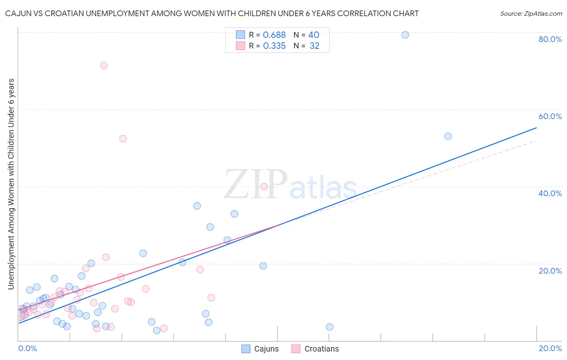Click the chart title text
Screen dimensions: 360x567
tap(212, 13)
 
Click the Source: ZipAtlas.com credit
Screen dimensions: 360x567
tap(531, 13)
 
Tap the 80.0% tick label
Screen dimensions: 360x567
tap(550, 39)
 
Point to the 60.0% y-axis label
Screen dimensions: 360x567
tap(550, 116)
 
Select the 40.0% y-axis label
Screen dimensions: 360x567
tap(550, 193)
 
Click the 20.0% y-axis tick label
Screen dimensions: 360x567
tap(550, 271)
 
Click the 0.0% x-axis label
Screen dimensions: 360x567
tap(27, 348)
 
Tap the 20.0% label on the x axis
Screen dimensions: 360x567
tap(550, 348)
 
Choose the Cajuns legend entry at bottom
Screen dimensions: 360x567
tap(260, 349)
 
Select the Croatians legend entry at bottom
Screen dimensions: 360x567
tap(315, 349)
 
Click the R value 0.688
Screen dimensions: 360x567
tap(274, 35)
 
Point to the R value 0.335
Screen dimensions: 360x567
tap(274, 46)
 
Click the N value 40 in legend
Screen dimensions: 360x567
tap(314, 35)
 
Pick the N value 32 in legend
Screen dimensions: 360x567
tap(315, 46)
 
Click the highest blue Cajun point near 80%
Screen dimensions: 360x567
tap(405, 35)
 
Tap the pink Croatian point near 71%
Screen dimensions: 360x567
tap(104, 65)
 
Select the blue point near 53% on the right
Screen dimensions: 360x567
tap(448, 136)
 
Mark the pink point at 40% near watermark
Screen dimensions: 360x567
tap(264, 186)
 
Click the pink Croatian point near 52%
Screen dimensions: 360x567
tap(123, 138)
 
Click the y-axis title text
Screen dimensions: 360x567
tap(11, 184)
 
